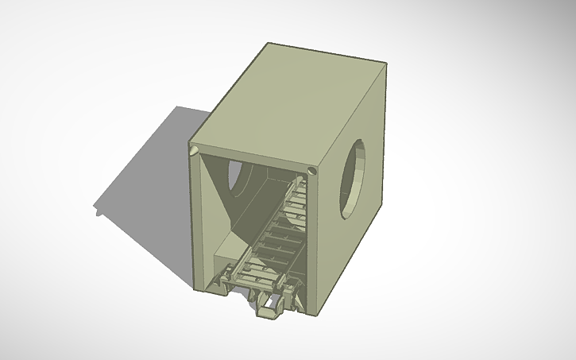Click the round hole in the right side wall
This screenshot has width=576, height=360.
click(354, 179)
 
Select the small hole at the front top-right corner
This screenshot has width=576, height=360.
click(312, 170)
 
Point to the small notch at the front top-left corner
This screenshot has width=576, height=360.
click(193, 149)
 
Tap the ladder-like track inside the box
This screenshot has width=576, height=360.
click(278, 230)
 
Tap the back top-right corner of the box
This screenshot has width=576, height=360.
click(386, 65)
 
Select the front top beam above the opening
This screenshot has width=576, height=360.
click(250, 159)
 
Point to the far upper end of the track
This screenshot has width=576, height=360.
click(300, 184)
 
